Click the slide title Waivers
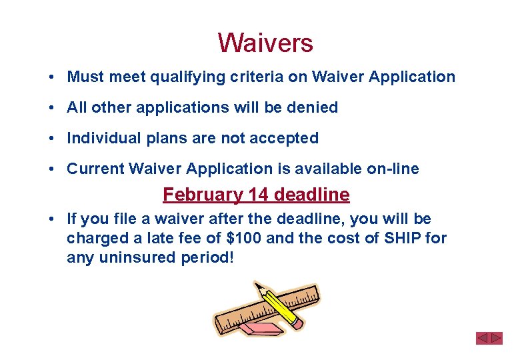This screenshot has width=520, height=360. point(265,43)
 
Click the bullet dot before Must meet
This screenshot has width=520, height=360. point(51,77)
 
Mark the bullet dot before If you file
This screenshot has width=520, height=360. point(51,219)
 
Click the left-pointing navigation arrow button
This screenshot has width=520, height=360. point(483,338)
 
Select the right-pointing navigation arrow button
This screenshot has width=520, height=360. point(496,338)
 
